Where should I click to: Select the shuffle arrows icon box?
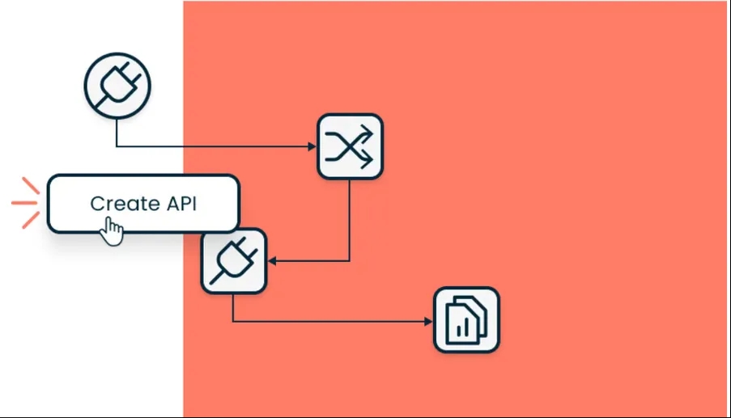pyautogui.click(x=350, y=146)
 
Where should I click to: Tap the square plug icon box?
pyautogui.click(x=234, y=261)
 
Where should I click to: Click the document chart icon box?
pyautogui.click(x=466, y=320)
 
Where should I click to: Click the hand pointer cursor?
pyautogui.click(x=112, y=232)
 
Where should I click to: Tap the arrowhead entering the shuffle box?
pyautogui.click(x=312, y=147)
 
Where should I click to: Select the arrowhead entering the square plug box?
pyautogui.click(x=273, y=261)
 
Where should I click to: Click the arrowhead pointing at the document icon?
pyautogui.click(x=428, y=322)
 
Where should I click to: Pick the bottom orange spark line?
pyautogui.click(x=30, y=219)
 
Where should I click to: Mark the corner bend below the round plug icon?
pyautogui.click(x=117, y=146)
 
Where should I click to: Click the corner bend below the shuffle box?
pyautogui.click(x=350, y=260)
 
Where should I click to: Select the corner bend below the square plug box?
pyautogui.click(x=233, y=321)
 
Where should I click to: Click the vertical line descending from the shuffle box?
pyautogui.click(x=350, y=218)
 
